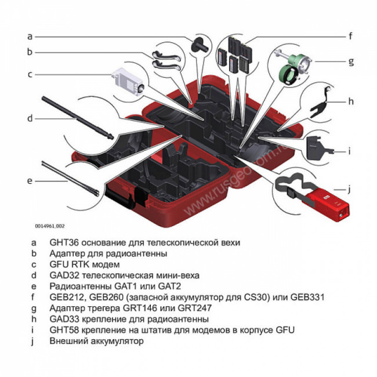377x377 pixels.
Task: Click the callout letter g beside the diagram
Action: (x=350, y=61)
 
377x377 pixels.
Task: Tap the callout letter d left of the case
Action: (x=30, y=119)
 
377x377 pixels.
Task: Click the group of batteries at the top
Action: (x=235, y=55)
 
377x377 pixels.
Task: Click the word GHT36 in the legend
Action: (x=65, y=242)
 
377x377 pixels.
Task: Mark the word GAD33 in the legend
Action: (x=65, y=319)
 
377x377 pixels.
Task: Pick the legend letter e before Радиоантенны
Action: (x=34, y=286)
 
